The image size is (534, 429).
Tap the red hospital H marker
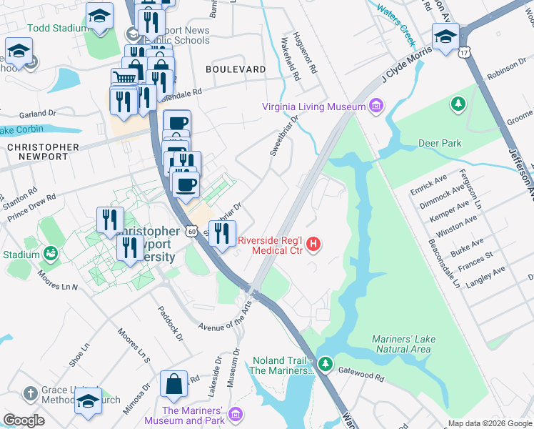pos(313,245)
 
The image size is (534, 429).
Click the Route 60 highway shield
pos(191,231)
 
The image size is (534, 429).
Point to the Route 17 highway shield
pos(465,52)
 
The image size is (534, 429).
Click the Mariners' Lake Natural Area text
pos(402,344)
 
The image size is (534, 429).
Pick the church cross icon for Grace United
pos(29,393)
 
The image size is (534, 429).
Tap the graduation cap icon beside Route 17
pos(445,36)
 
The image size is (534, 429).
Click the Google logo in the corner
pos(24,420)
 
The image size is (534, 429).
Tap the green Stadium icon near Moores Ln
pos(50,254)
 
